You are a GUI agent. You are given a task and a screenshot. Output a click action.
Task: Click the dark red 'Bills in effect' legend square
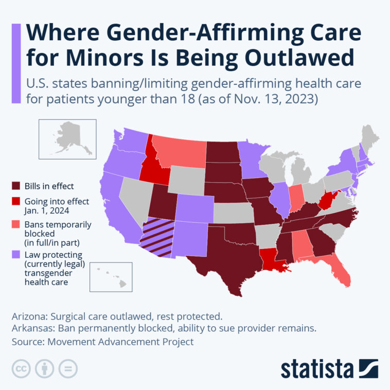(17, 185)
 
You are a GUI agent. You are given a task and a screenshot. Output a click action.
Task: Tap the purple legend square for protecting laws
(17, 255)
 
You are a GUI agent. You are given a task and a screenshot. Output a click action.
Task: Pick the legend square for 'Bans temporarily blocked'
(17, 225)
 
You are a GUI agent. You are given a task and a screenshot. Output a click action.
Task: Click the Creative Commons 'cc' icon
(21, 369)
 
